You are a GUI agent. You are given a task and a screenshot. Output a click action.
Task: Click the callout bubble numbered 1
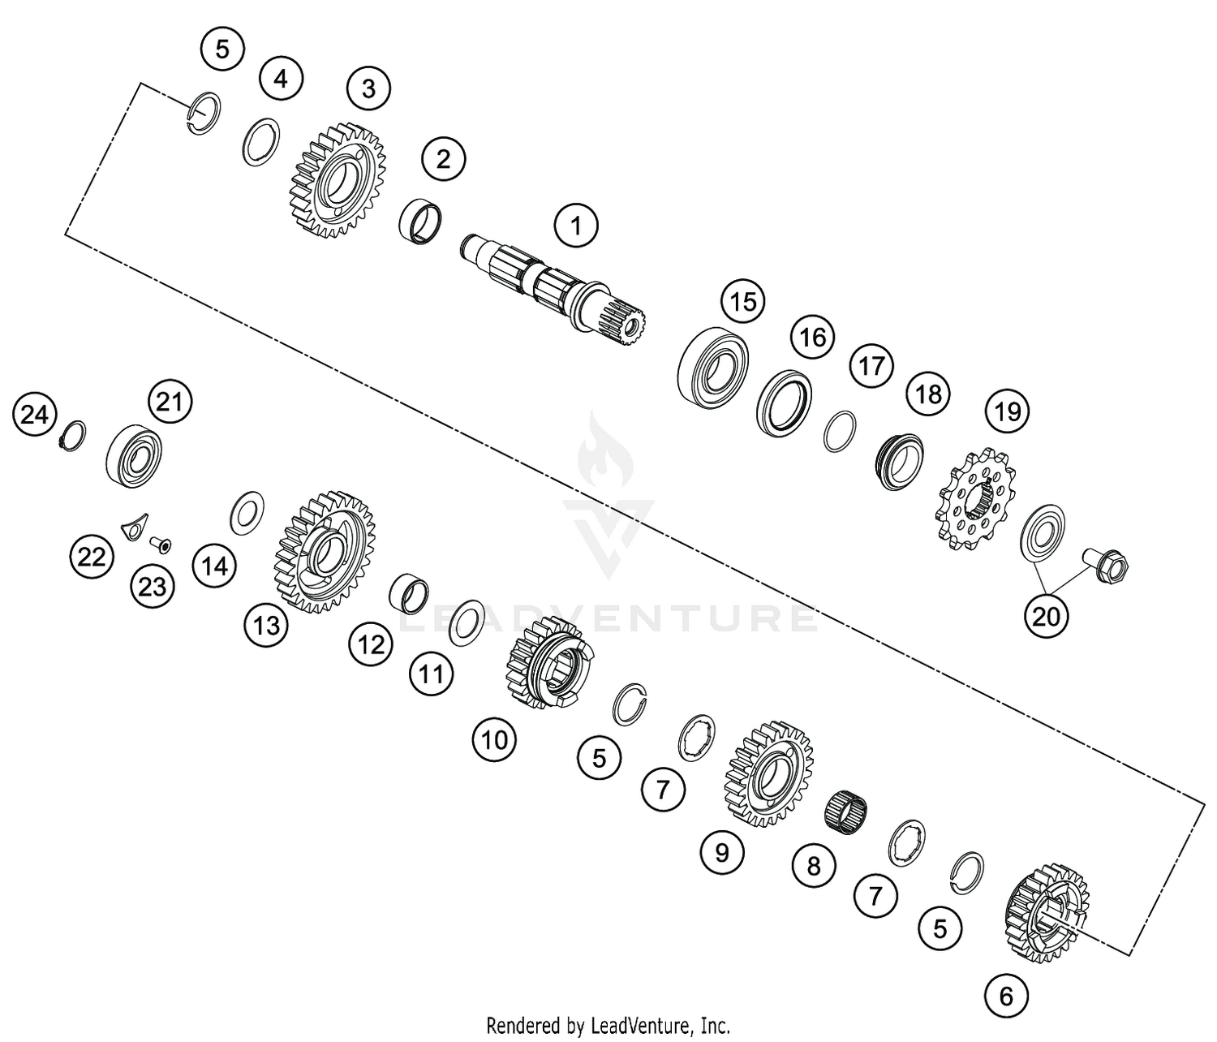[576, 226]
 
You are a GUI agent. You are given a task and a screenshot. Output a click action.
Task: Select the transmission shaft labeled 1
[552, 288]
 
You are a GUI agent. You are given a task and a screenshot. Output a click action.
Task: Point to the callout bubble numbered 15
[742, 302]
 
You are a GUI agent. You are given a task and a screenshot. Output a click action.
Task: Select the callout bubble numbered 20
[1046, 617]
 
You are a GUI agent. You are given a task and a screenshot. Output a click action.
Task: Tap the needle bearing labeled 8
[847, 809]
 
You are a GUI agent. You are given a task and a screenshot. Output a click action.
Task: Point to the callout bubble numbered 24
[34, 416]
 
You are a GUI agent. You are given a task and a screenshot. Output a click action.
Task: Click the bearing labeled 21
[134, 454]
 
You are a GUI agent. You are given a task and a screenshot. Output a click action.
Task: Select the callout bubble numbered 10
[494, 739]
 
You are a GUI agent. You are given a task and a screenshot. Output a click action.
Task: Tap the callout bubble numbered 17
[871, 366]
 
